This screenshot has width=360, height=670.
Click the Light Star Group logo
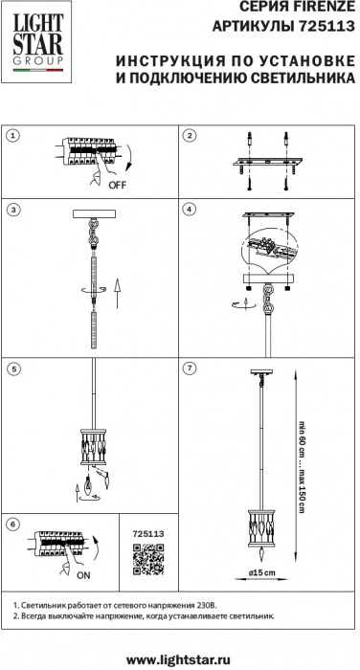pyautogui.click(x=37, y=42)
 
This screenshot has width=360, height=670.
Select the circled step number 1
pyautogui.click(x=13, y=136)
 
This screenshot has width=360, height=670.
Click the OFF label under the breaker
pyautogui.click(x=118, y=185)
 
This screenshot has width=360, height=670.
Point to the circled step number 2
pyautogui.click(x=189, y=136)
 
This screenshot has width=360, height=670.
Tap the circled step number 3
pyautogui.click(x=13, y=210)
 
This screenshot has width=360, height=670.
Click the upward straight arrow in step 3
pyautogui.click(x=118, y=293)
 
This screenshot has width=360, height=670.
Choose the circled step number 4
pyautogui.click(x=189, y=210)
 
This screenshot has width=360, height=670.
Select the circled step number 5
pyautogui.click(x=13, y=368)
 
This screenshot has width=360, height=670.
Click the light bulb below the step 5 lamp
pyautogui.click(x=88, y=485)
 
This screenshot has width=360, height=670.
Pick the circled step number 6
pyautogui.click(x=13, y=525)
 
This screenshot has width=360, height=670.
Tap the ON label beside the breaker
pyautogui.click(x=84, y=575)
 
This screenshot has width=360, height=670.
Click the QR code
pyautogui.click(x=148, y=559)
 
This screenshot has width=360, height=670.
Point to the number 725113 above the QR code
pyautogui.click(x=148, y=534)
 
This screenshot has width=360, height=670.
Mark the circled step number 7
pyautogui.click(x=189, y=368)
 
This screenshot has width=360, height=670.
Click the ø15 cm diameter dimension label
pyautogui.click(x=261, y=572)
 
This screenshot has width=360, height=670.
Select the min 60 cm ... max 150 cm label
pyautogui.click(x=302, y=467)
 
